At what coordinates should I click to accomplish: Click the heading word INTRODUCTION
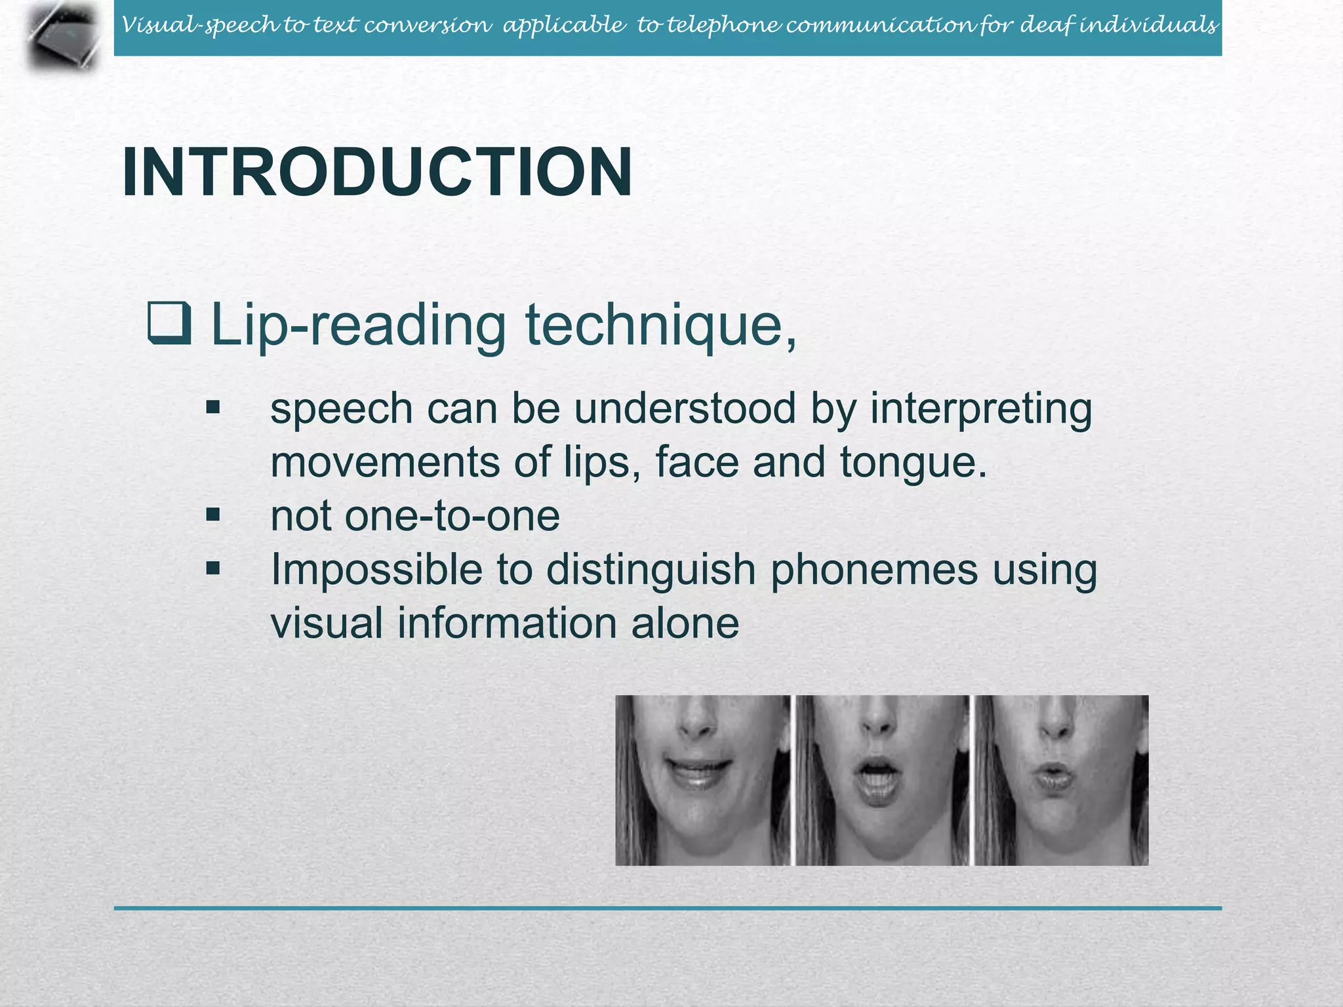point(377,172)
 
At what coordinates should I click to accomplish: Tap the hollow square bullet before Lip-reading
point(169,323)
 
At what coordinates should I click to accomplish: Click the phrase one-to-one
point(452,516)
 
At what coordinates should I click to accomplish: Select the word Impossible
point(376,570)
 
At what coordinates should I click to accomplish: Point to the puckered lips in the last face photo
point(1054,778)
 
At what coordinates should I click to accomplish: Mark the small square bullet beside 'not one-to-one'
point(212,515)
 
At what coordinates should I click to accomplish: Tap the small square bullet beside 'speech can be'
point(212,408)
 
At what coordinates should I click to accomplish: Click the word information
point(507,623)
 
